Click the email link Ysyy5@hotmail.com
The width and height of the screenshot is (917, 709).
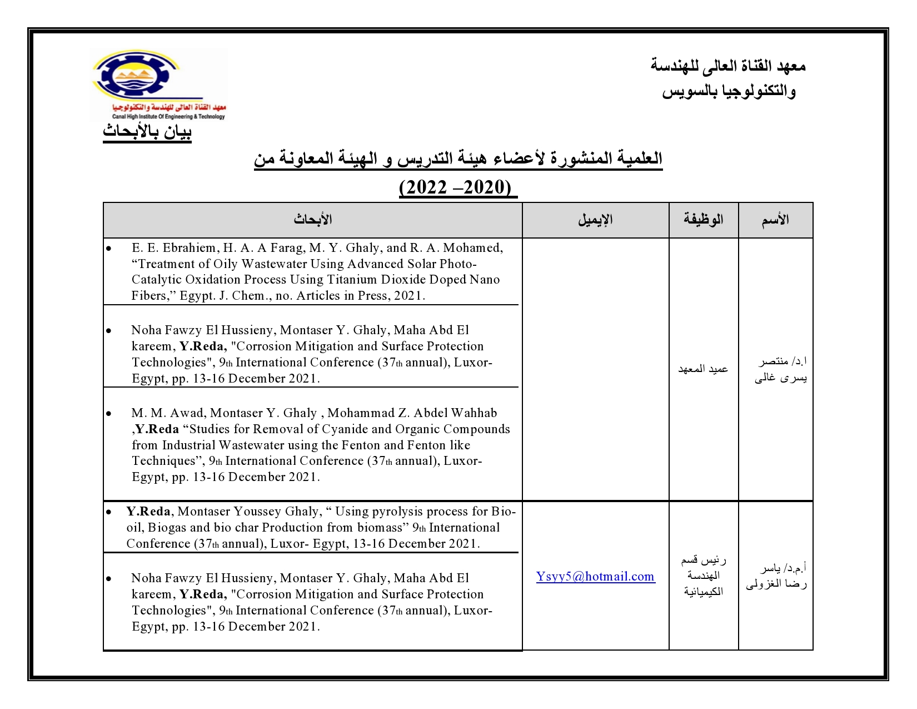[x=595, y=577]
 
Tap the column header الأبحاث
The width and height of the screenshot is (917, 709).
[x=313, y=220]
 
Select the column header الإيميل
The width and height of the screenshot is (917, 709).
[x=595, y=220]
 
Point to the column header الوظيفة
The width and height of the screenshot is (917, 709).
[x=703, y=220]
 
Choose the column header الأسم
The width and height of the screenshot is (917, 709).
[x=775, y=220]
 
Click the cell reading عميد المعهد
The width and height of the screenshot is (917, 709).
[x=703, y=369]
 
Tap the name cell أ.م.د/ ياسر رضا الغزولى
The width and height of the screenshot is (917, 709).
[x=776, y=576]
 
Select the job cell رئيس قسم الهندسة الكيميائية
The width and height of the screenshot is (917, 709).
[x=703, y=576]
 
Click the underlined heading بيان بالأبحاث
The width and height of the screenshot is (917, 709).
[x=147, y=132]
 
